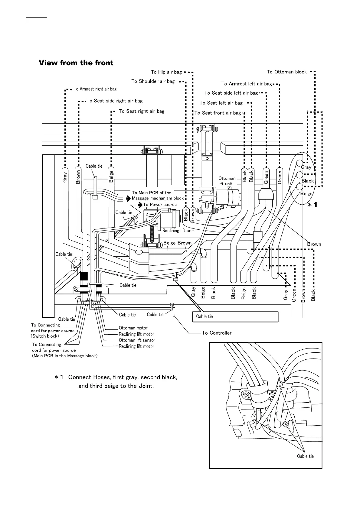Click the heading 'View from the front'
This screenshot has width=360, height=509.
(76, 63)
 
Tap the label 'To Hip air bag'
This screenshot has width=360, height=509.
(166, 72)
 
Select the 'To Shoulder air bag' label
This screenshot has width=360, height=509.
(153, 81)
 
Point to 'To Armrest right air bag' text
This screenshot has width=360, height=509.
(95, 89)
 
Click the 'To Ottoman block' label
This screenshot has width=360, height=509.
(286, 72)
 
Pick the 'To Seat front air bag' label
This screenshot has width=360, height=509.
(218, 113)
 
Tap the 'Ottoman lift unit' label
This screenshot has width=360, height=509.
(227, 181)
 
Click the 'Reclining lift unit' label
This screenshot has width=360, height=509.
(178, 230)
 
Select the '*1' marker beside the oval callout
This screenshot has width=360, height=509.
(313, 205)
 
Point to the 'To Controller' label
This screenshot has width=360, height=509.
(217, 333)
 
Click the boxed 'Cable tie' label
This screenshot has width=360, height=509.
(205, 316)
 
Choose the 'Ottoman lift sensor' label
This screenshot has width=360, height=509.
(137, 340)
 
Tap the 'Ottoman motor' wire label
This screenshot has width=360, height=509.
(133, 328)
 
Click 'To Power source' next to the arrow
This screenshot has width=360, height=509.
(160, 205)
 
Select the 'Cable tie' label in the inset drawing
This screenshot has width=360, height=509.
(305, 456)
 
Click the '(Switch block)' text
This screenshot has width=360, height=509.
(45, 336)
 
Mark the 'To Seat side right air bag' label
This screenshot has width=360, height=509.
(114, 101)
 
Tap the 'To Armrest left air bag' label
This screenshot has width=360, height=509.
(247, 84)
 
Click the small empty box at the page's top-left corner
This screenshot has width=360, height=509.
(36, 21)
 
